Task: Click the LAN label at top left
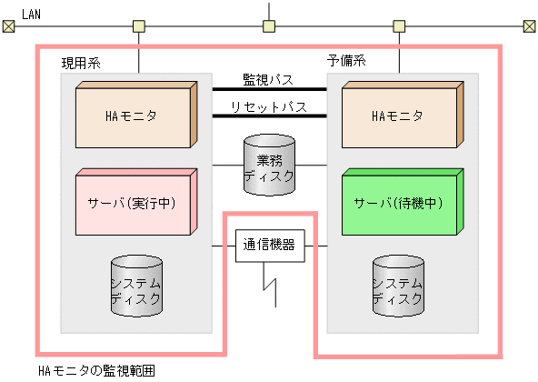pyautogui.click(x=31, y=14)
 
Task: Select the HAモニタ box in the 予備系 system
pyautogui.click(x=398, y=116)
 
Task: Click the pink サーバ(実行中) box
pyautogui.click(x=136, y=202)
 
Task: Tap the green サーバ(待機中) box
pyautogui.click(x=398, y=202)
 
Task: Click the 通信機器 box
pyautogui.click(x=270, y=244)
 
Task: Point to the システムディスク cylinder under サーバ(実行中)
pyautogui.click(x=136, y=286)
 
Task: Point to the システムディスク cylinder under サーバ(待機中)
pyautogui.click(x=398, y=286)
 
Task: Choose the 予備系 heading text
pyautogui.click(x=345, y=62)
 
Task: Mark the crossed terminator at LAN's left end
pyautogui.click(x=8, y=25)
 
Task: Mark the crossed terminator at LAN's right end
pyautogui.click(x=529, y=25)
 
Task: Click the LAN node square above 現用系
pyautogui.click(x=138, y=25)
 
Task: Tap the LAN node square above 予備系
pyautogui.click(x=398, y=25)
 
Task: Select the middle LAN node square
pyautogui.click(x=268, y=25)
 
